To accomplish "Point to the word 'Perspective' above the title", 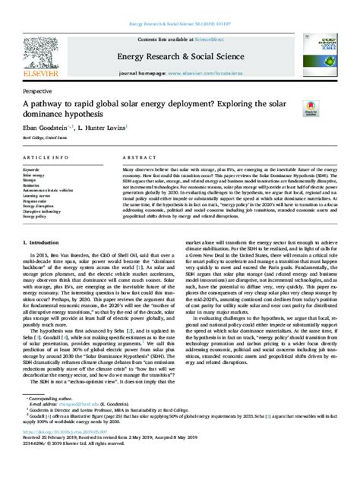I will pyautogui.click(x=37, y=90).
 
